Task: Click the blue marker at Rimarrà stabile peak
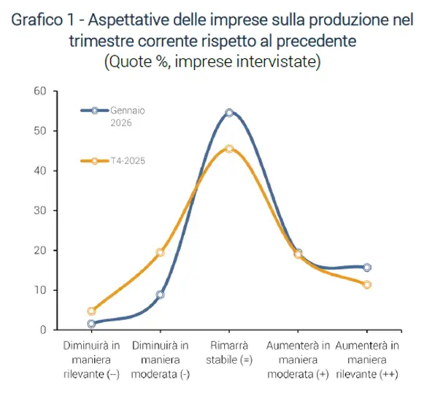(x=229, y=112)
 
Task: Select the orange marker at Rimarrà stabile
(x=229, y=148)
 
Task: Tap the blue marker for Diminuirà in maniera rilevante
(x=91, y=324)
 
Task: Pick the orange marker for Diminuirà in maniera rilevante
(x=91, y=311)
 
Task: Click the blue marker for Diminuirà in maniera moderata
(x=160, y=294)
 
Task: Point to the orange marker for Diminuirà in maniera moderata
(x=160, y=253)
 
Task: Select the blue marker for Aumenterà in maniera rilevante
(x=366, y=267)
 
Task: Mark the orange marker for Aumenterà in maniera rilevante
(x=366, y=284)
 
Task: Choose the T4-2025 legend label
(x=128, y=160)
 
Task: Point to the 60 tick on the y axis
(x=39, y=91)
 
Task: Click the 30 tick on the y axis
(x=39, y=210)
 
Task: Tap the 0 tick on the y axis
(x=42, y=330)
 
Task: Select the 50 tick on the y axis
(x=39, y=131)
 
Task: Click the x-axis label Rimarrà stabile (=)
(x=229, y=352)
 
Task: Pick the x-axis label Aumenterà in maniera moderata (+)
(x=298, y=359)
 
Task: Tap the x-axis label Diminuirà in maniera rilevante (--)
(x=91, y=359)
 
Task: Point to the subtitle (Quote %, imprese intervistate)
(x=212, y=61)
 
